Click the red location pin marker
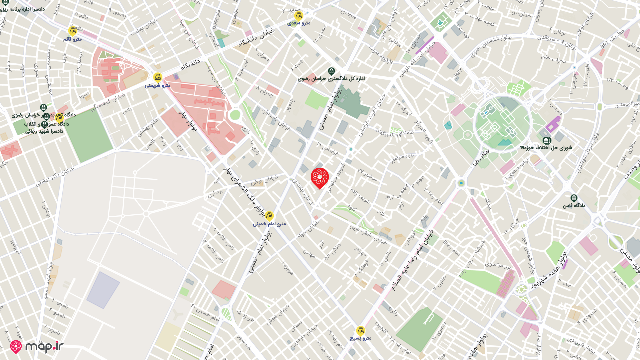319,178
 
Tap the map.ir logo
37,346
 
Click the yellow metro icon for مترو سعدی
299,15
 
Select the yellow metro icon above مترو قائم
72,31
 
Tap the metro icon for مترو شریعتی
158,77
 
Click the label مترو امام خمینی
269,223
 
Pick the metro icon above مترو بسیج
360,330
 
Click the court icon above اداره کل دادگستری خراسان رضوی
331,71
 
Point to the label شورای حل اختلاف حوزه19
546,148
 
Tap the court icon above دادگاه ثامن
574,198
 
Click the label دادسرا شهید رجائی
45,131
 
